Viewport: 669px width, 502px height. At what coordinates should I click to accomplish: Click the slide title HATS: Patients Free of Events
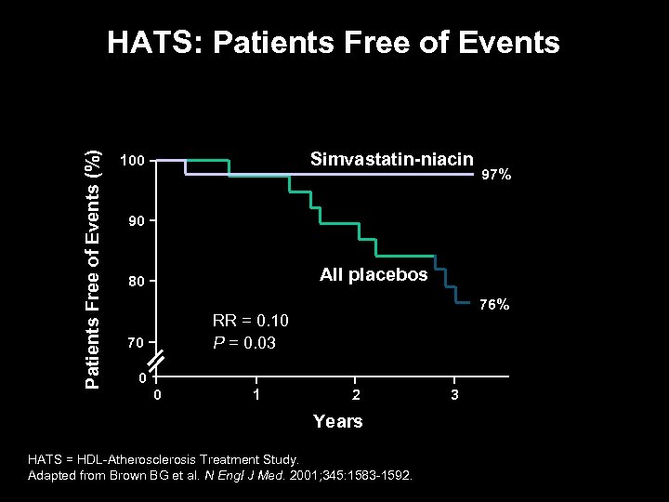334,43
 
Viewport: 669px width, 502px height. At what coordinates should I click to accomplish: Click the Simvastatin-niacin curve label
391,159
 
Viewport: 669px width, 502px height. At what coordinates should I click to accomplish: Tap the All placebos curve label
374,274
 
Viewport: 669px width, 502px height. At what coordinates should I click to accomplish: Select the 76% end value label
493,305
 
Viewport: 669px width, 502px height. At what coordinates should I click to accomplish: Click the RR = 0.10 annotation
251,321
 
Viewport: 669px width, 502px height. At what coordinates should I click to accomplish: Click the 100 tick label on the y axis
132,162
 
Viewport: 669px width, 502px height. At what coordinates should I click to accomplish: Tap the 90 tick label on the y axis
136,222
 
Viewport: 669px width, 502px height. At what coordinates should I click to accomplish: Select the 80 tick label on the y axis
136,282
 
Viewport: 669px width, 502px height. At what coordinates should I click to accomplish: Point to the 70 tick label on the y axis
136,344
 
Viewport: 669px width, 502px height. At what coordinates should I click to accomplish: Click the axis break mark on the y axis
156,360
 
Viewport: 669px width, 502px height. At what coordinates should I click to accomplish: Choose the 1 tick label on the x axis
256,396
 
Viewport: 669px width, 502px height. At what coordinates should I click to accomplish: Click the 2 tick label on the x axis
354,396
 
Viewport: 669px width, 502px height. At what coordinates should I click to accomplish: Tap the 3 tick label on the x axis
453,396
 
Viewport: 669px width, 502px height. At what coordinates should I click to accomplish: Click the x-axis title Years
337,421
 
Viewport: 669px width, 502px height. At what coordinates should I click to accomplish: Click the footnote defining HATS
164,459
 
